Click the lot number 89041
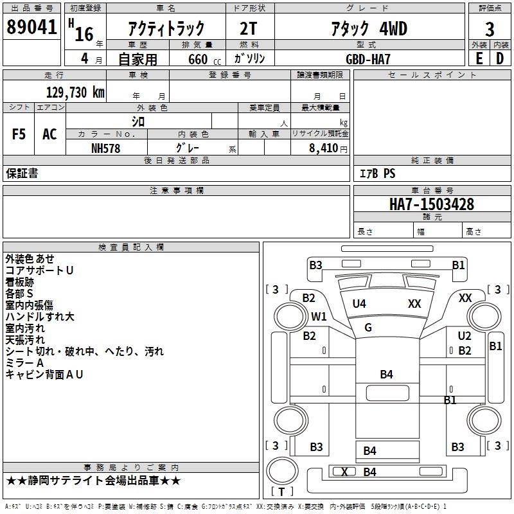click(31, 28)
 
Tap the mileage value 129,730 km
click(75, 93)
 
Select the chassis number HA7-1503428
click(432, 204)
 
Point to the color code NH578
click(106, 148)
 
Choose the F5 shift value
click(19, 134)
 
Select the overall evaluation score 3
click(490, 29)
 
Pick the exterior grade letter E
click(479, 58)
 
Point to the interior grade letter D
click(501, 58)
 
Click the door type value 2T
click(249, 29)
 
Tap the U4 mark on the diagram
click(359, 304)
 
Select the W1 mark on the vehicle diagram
click(319, 317)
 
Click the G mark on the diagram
click(368, 328)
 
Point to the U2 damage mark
click(465, 336)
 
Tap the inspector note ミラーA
click(24, 363)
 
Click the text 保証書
click(22, 173)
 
